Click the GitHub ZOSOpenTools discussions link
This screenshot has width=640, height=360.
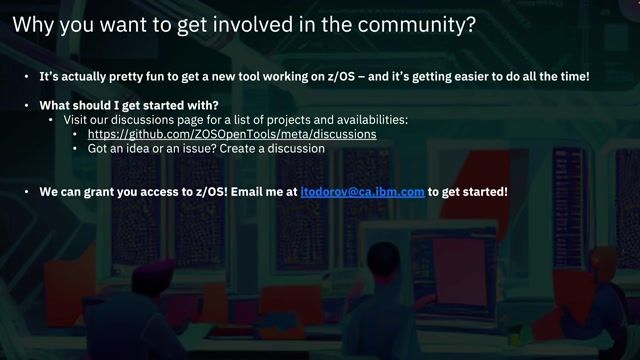(232, 133)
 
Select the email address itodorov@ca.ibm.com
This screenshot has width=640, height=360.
(363, 190)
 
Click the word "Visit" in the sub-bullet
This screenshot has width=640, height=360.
(78, 119)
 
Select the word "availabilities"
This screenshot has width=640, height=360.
(365, 119)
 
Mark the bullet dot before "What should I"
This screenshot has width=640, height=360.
(28, 105)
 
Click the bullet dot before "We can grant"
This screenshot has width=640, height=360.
(28, 190)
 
